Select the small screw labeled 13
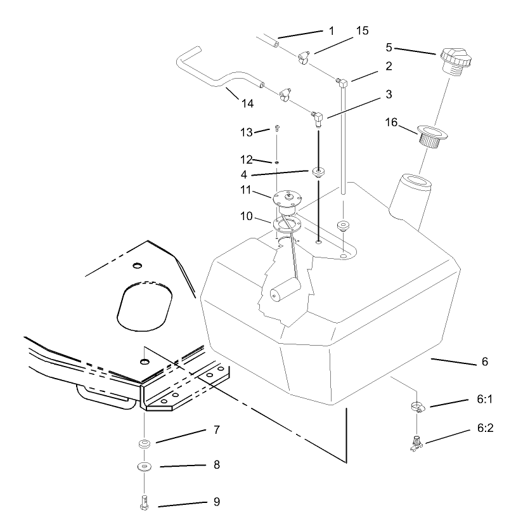(278, 128)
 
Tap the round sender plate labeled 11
(290, 199)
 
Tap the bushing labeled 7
(145, 443)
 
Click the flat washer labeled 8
(145, 467)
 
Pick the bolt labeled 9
(145, 501)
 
